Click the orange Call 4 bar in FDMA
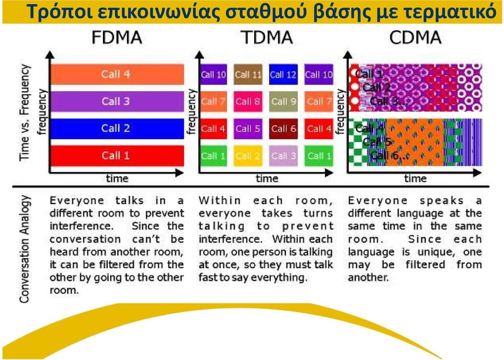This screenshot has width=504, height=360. click(117, 74)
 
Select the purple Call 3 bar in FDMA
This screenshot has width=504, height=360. click(117, 101)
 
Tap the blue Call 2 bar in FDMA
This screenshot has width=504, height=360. click(117, 129)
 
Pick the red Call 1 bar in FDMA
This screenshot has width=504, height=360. click(117, 155)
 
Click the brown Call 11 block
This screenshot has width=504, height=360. click(248, 75)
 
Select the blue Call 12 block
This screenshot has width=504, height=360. click(283, 75)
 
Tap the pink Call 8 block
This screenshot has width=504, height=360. click(248, 102)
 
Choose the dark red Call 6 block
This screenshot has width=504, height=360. click(283, 129)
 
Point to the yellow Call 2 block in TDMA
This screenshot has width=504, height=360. click(248, 156)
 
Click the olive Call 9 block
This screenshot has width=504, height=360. click(283, 102)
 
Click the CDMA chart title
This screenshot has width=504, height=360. click(415, 38)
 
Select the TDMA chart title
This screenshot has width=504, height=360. click(267, 38)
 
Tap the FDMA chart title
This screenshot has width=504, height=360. click(117, 38)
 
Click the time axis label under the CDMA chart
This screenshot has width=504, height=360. click(415, 178)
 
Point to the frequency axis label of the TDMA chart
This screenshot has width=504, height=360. click(192, 112)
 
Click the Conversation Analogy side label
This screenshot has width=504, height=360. click(25, 249)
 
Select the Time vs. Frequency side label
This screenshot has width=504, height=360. click(25, 112)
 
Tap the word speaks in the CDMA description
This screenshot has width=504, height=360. click(442, 201)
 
